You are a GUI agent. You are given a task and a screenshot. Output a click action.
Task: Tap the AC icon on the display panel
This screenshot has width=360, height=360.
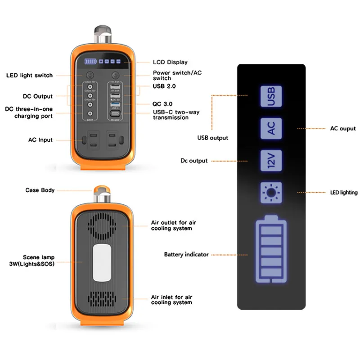tap(271, 128)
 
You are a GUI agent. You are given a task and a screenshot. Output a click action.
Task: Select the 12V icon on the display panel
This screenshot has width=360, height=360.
tap(271, 161)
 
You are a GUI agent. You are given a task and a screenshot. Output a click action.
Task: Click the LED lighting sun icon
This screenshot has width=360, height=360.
tap(271, 193)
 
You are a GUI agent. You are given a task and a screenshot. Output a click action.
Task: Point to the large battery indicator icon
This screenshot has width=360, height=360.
tap(271, 250)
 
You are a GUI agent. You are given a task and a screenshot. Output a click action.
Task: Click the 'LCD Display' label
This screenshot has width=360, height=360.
tap(170, 62)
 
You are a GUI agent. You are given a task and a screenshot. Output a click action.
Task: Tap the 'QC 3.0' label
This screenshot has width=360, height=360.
tap(162, 103)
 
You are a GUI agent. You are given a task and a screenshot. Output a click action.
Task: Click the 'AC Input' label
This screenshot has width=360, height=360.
tap(40, 140)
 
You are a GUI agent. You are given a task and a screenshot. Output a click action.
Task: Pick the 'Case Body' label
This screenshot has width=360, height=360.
tap(40, 190)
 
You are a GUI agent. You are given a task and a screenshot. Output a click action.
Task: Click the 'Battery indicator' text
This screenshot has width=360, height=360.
tap(186, 255)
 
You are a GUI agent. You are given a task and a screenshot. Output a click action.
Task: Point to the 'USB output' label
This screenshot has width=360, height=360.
tap(212, 138)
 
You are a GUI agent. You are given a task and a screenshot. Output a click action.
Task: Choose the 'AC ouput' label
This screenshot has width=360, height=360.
tap(343, 129)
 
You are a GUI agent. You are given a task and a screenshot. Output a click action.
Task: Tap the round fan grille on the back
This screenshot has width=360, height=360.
tap(104, 225)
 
